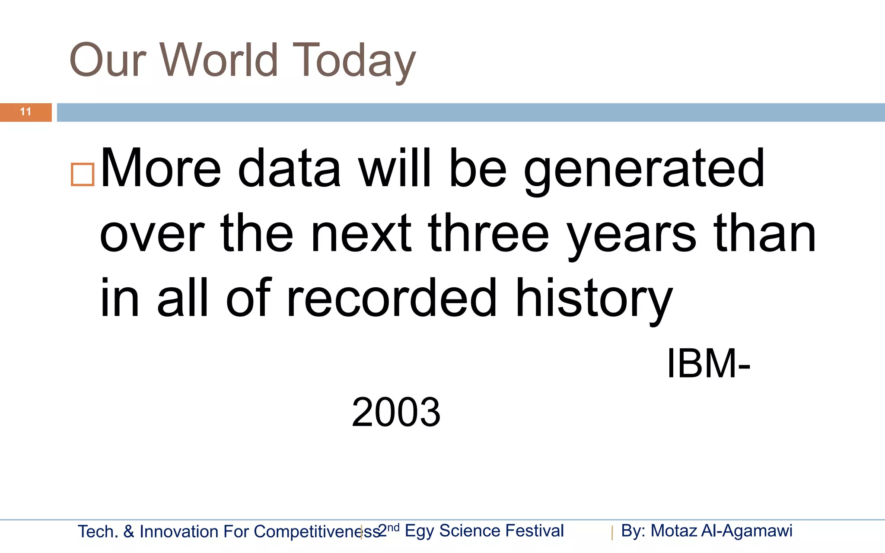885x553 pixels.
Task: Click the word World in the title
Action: click(220, 60)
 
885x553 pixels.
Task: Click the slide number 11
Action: click(25, 112)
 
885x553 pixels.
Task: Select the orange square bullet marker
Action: click(83, 175)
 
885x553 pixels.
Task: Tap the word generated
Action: click(644, 169)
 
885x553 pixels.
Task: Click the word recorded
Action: click(392, 298)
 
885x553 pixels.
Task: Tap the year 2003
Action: click(396, 412)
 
